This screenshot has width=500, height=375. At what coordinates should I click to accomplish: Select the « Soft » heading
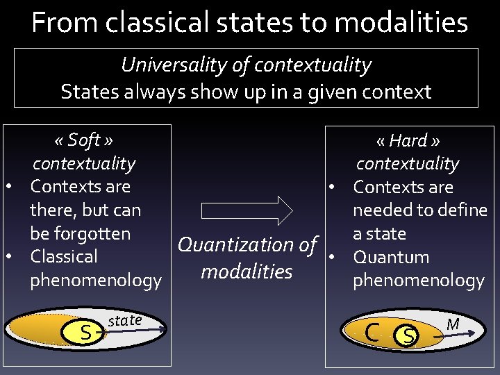[83, 140]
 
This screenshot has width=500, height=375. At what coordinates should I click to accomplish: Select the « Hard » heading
[408, 141]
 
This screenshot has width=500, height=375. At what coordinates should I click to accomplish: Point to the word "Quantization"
[237, 244]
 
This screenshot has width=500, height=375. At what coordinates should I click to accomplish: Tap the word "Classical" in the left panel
[64, 256]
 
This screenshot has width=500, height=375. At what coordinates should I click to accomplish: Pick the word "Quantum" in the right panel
[391, 257]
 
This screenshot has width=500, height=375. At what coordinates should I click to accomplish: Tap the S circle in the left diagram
[85, 333]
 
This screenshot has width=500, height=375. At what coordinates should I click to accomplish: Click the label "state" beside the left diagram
[125, 320]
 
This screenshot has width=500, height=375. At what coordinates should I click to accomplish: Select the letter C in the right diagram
[372, 332]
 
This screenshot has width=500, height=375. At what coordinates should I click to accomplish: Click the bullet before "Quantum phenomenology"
[333, 257]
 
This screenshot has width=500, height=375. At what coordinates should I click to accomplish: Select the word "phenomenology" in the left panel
[95, 281]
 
